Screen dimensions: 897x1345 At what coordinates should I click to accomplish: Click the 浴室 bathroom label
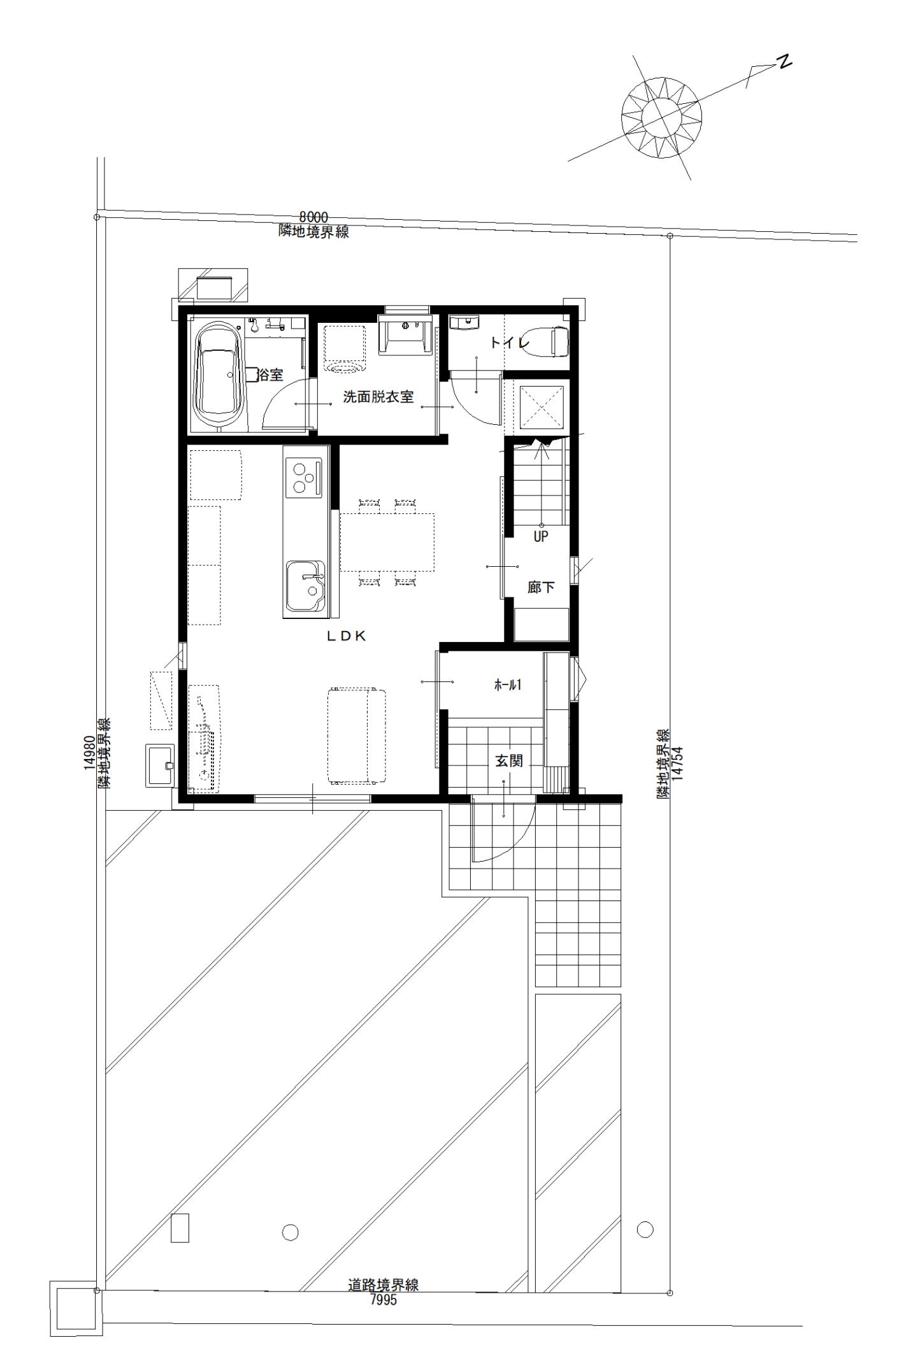(270, 374)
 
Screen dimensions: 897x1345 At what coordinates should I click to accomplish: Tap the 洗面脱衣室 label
(378, 397)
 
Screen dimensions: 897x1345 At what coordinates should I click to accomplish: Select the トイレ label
(510, 343)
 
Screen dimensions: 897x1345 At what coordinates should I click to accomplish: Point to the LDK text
(347, 636)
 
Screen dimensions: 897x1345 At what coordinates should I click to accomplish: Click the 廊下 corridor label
(541, 587)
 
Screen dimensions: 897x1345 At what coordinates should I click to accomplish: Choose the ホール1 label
(508, 685)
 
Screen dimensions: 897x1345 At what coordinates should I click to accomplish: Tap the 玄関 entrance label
(509, 760)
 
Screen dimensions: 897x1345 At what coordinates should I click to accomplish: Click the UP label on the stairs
(541, 536)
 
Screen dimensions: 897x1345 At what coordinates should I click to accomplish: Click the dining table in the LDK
(387, 542)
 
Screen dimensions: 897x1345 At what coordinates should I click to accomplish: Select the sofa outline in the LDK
(357, 736)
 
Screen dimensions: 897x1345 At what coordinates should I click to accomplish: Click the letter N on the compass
(784, 62)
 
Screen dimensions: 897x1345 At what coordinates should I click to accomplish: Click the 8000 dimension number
(313, 218)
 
